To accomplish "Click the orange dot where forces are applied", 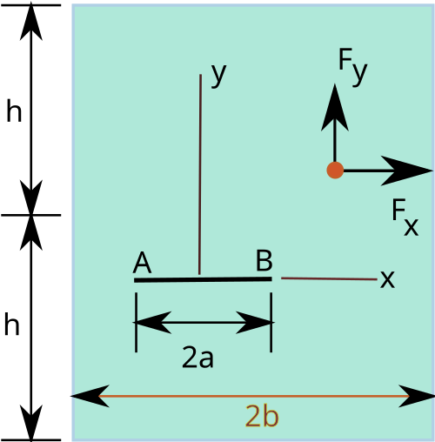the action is click(335, 171).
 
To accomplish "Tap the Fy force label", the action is click(353, 67).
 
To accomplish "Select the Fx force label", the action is click(405, 217).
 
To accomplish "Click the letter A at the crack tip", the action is click(142, 263).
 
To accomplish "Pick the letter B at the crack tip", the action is click(264, 260).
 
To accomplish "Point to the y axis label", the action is click(219, 75).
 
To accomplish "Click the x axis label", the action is click(387, 279).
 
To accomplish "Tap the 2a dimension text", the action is click(197, 358).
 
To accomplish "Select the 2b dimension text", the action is click(262, 416).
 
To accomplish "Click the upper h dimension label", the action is click(14, 110).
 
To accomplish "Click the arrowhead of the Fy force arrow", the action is click(335, 107).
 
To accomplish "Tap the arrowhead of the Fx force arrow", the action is click(407, 171).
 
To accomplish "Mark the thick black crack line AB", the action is click(203, 279).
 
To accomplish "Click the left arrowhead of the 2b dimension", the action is click(90, 396).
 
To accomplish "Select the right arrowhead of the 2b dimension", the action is click(417, 396).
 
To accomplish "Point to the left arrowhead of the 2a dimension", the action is click(152, 322).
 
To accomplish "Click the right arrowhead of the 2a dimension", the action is click(254, 322).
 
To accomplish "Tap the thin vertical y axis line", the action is click(200, 174).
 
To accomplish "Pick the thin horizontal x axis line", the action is click(329, 278).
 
